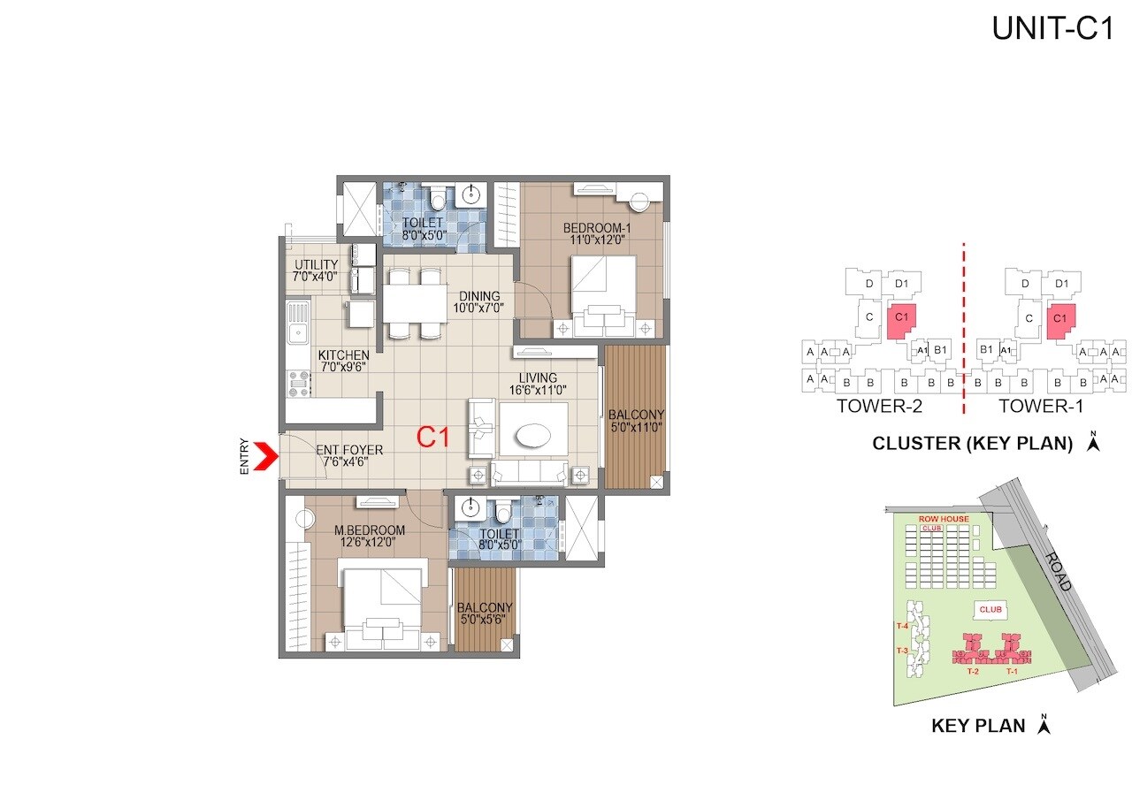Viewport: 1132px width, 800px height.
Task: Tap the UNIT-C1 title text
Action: pos(1051,28)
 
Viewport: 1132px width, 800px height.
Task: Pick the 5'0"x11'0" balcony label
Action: pos(636,420)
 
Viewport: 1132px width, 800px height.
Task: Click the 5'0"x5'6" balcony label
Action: pos(486,613)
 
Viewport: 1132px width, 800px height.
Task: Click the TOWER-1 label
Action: pos(1040,407)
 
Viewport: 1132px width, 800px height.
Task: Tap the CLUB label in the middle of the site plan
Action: pos(990,610)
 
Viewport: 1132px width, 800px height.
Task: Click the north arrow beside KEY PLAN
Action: pos(1044,724)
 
